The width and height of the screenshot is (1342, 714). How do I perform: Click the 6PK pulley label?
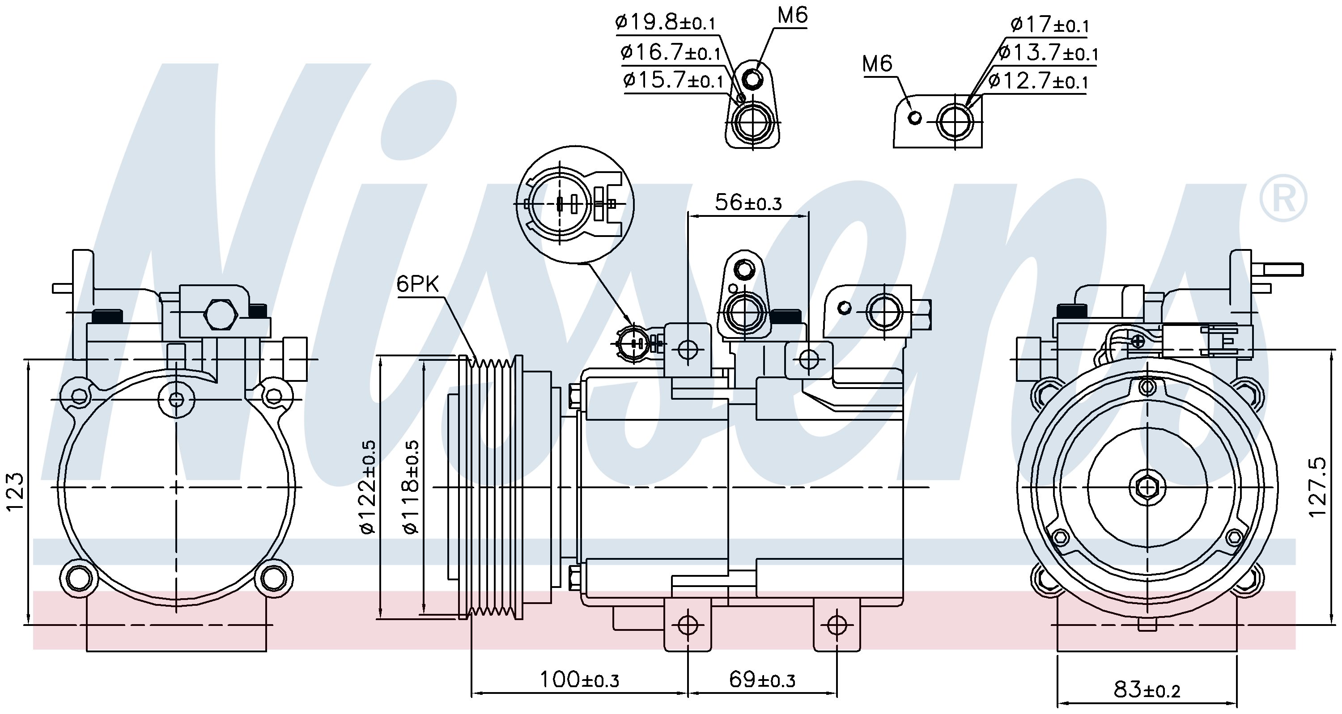(417, 284)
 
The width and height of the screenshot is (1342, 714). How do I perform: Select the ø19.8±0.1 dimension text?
(665, 22)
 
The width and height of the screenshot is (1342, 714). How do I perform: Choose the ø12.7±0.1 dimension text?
(1037, 81)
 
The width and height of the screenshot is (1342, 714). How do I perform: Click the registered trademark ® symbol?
(1283, 199)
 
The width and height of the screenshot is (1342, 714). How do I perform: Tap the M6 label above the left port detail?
(792, 15)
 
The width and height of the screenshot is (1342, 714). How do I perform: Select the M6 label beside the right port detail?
(877, 63)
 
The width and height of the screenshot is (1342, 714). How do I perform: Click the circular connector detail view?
(575, 205)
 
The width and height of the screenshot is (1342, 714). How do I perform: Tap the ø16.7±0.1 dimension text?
(671, 51)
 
